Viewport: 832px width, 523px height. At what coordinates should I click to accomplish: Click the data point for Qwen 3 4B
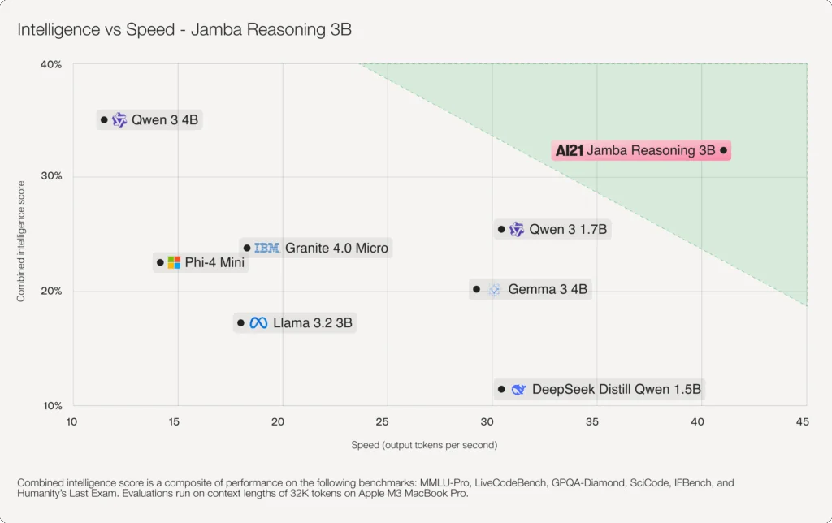(x=104, y=120)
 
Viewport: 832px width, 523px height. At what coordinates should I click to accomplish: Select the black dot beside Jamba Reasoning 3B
(x=724, y=150)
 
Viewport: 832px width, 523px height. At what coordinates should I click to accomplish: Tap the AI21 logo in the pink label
(x=570, y=150)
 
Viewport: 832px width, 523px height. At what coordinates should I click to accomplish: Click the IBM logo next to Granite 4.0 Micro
(x=266, y=248)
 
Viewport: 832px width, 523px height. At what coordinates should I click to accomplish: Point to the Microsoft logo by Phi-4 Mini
(x=174, y=262)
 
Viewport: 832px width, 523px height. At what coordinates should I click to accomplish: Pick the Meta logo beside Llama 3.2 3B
(x=258, y=323)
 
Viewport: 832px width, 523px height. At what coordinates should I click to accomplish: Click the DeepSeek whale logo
(x=518, y=390)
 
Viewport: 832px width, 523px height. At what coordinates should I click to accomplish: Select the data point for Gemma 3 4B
(x=477, y=289)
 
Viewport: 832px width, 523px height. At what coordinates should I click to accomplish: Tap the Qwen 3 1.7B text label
(x=568, y=230)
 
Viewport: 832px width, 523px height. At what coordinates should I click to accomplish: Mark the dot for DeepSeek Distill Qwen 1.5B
(x=501, y=390)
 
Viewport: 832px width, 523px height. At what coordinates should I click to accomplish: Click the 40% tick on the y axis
(x=51, y=64)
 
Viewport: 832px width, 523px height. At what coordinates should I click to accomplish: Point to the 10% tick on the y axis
(x=51, y=406)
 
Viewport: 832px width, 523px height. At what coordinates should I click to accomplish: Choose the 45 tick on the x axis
(x=802, y=421)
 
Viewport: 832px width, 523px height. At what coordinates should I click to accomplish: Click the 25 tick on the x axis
(x=382, y=421)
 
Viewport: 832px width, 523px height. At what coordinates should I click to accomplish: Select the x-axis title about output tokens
(x=424, y=445)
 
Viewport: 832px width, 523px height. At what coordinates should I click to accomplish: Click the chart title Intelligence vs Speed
(x=185, y=31)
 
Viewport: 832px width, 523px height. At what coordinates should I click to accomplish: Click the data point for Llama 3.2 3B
(x=240, y=323)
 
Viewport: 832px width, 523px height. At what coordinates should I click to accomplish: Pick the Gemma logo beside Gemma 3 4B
(x=494, y=289)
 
